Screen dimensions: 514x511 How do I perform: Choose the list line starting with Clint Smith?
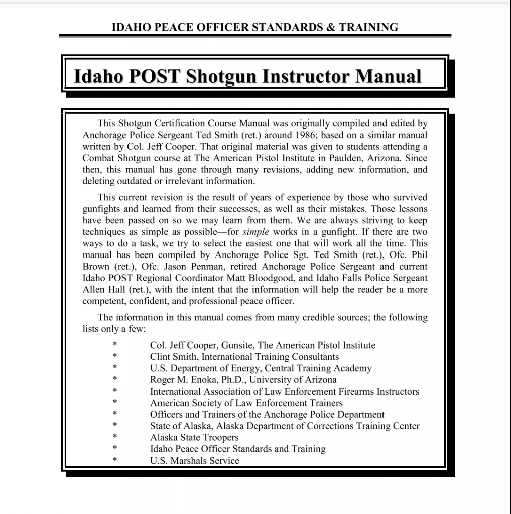click(x=244, y=357)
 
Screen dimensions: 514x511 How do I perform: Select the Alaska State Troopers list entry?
click(x=194, y=437)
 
